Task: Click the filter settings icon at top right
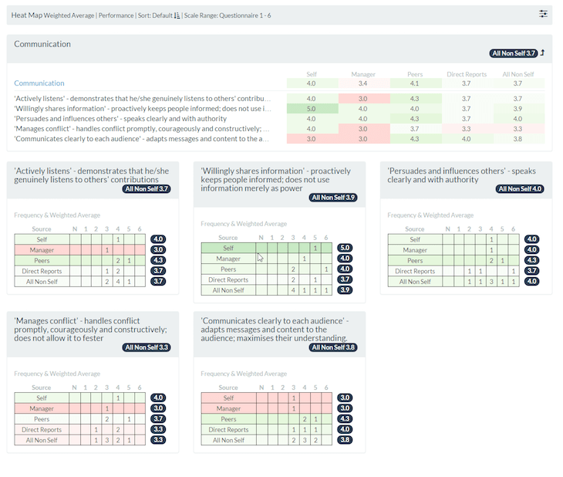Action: tap(543, 14)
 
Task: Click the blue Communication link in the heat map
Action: tap(39, 83)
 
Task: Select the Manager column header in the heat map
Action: tap(362, 75)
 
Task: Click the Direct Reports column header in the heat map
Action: tap(466, 75)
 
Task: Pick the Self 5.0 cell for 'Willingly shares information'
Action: tap(311, 109)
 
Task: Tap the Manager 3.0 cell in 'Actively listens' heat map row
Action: tap(362, 99)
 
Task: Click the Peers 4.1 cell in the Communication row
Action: tap(415, 83)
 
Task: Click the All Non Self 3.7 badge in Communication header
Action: tap(513, 53)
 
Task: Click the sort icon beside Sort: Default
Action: tap(177, 15)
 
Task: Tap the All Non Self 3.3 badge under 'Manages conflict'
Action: tap(147, 347)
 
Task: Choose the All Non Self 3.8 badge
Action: tap(332, 347)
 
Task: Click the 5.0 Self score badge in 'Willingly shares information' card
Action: tap(345, 248)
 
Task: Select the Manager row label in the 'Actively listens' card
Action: tap(42, 250)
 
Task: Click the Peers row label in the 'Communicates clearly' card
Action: tap(228, 419)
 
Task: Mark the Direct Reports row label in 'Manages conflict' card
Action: tap(42, 430)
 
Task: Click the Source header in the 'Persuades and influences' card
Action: tap(414, 229)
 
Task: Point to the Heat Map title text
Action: tap(26, 15)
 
